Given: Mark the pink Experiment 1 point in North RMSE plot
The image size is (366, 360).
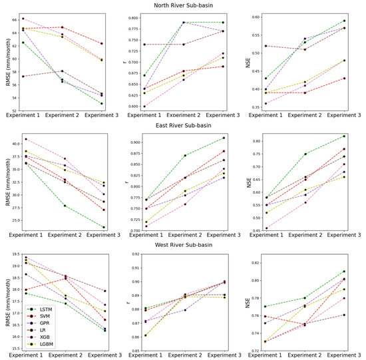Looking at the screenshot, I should click(x=23, y=19).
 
